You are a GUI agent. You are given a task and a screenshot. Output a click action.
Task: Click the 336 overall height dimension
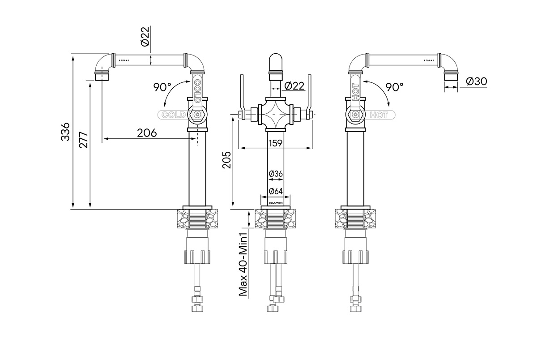point(66,131)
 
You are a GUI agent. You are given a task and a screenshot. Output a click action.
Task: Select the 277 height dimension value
point(83,140)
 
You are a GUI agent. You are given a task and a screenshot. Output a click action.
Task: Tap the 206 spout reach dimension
point(146,133)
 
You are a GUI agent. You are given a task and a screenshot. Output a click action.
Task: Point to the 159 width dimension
point(275,143)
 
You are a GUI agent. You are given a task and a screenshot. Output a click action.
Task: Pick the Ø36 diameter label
point(275,173)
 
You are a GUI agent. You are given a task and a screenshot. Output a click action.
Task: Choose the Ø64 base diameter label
point(275,191)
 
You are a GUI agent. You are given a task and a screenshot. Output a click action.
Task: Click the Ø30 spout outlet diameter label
point(476,81)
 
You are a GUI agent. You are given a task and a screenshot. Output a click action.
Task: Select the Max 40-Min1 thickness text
point(244,264)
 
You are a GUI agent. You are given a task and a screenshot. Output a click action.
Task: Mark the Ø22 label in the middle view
point(294,85)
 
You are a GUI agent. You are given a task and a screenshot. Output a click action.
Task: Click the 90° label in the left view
point(162,87)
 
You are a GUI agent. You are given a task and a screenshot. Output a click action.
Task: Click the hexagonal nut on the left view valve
point(196,116)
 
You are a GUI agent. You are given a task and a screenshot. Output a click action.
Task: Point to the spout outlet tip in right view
point(451,76)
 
